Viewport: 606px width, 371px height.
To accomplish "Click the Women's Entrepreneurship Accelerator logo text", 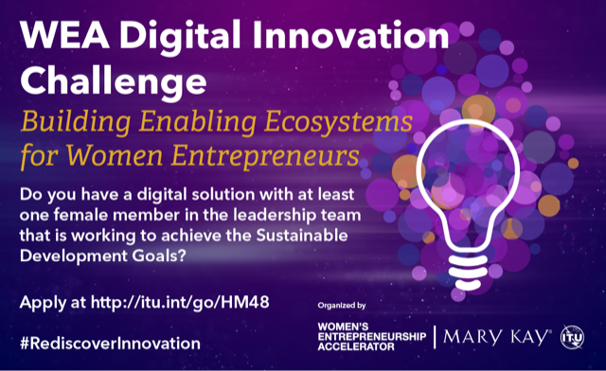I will point(368,335).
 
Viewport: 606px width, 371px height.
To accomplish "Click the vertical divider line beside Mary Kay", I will point(434,335).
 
